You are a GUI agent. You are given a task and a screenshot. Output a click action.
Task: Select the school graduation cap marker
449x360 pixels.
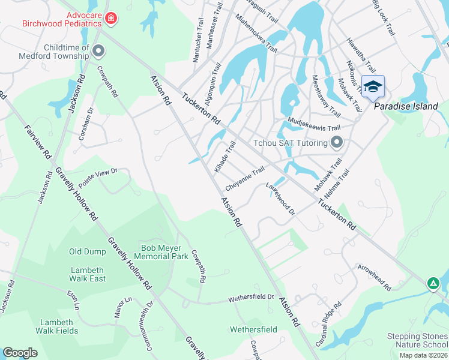373,87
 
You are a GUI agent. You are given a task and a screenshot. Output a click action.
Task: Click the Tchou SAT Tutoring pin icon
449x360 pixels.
337,142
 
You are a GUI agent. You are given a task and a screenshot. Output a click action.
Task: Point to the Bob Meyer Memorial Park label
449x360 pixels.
161,251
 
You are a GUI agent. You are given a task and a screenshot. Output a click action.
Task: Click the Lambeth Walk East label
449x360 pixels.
88,274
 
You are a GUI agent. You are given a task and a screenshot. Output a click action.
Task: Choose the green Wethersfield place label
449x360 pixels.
253,329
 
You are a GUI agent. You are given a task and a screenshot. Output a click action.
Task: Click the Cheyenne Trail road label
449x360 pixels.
244,176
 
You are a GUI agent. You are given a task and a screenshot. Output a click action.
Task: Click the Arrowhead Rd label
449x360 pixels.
374,276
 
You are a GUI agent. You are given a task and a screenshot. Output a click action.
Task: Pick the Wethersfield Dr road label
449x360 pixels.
250,298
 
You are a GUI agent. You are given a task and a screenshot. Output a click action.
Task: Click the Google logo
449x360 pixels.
20,352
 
